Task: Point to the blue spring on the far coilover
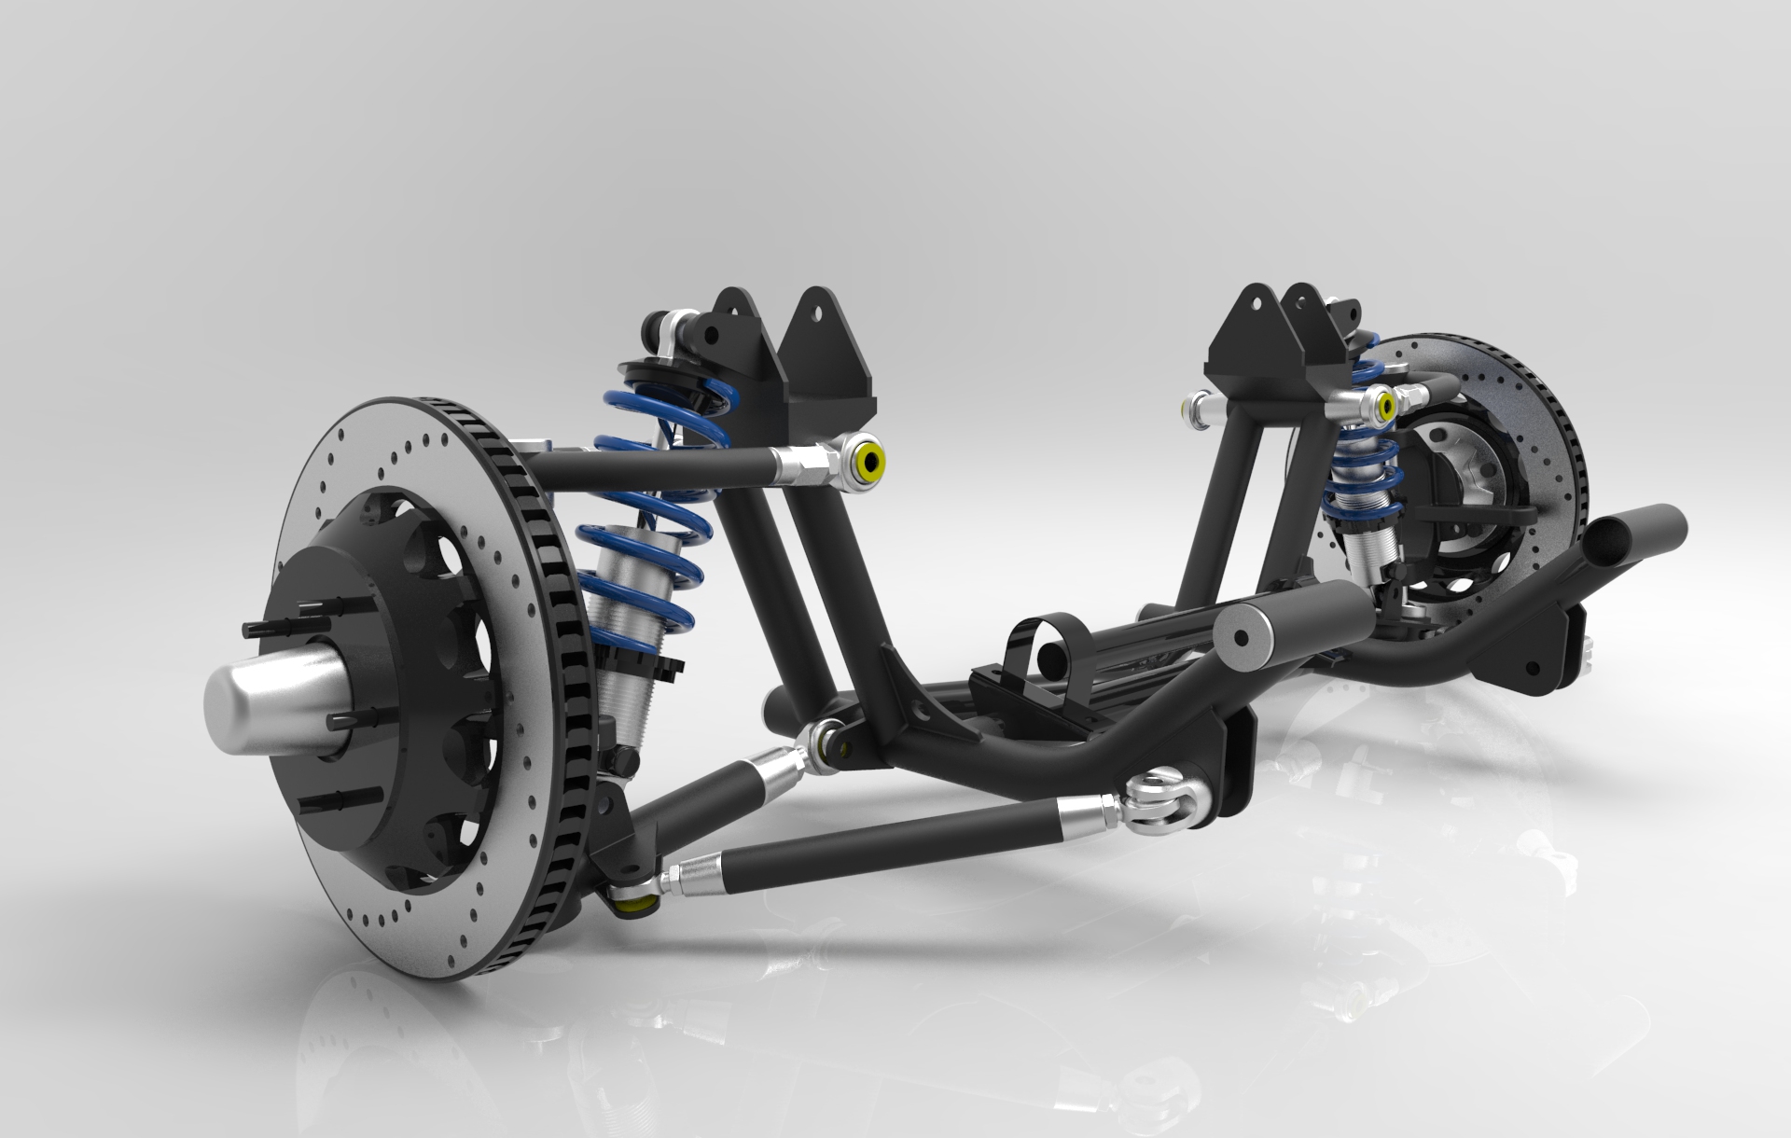coord(1362,466)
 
